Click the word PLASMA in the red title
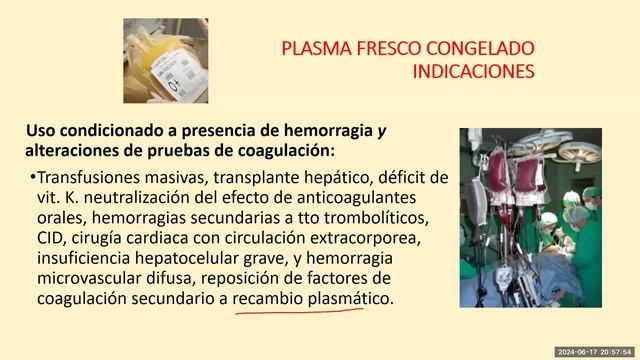click(x=317, y=49)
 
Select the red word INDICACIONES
click(x=473, y=71)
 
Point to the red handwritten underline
click(x=299, y=312)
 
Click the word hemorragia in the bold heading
click(x=328, y=131)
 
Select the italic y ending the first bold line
click(x=382, y=132)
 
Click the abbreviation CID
click(x=49, y=238)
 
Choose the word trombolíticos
click(x=376, y=218)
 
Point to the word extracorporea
click(x=365, y=239)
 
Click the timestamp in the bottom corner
click(x=595, y=352)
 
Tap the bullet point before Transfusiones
click(x=33, y=176)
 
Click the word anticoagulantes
click(x=356, y=198)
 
